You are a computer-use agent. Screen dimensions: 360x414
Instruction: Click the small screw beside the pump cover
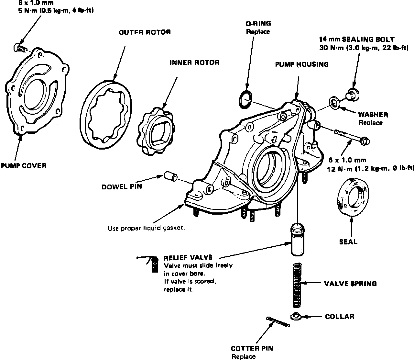pos(20,48)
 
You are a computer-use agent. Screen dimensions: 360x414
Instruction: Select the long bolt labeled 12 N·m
pos(353,137)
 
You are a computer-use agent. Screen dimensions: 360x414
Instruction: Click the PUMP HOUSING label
pos(301,64)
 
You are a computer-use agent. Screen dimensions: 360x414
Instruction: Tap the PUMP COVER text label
pos(23,166)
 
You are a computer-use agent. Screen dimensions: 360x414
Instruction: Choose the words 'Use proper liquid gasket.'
pos(146,228)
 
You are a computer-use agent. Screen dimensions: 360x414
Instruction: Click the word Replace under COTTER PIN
pos(243,356)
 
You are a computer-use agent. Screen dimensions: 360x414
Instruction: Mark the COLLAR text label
pos(339,316)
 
